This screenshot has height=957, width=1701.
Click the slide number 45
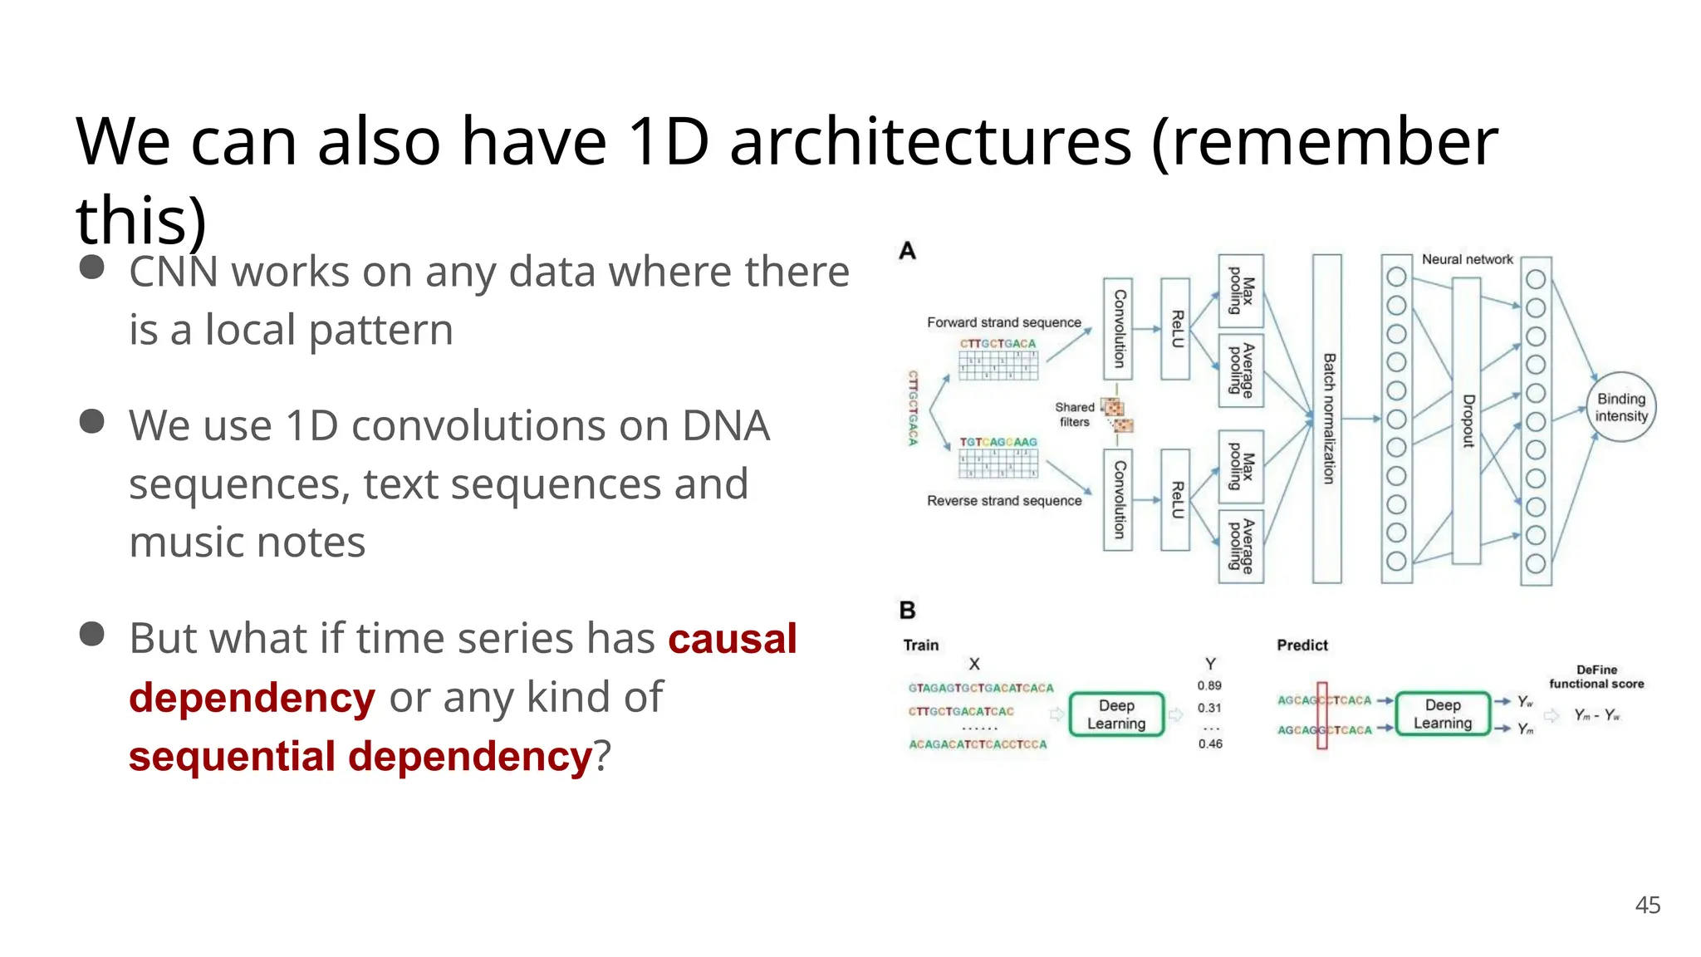point(1647,905)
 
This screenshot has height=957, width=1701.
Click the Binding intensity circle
point(1620,407)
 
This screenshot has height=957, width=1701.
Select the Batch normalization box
point(1326,419)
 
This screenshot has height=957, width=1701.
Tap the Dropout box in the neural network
point(1467,420)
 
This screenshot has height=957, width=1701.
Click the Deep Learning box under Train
point(1115,714)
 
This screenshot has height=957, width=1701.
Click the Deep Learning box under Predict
point(1442,714)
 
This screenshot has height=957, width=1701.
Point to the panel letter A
point(907,251)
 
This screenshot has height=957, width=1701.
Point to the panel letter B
point(907,611)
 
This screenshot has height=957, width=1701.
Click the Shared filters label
point(1074,414)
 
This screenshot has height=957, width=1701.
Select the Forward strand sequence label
point(1003,322)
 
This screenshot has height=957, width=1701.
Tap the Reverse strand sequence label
point(1003,501)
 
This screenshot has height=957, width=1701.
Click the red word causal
point(732,639)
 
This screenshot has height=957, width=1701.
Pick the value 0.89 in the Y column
point(1208,686)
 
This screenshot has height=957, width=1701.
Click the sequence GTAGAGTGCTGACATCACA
point(980,688)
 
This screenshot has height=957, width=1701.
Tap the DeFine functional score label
point(1596,676)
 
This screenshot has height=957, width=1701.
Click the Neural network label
point(1467,259)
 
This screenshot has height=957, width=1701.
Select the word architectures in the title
point(930,141)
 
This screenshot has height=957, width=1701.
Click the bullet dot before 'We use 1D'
point(91,421)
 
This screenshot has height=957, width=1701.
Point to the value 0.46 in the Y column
point(1209,744)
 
